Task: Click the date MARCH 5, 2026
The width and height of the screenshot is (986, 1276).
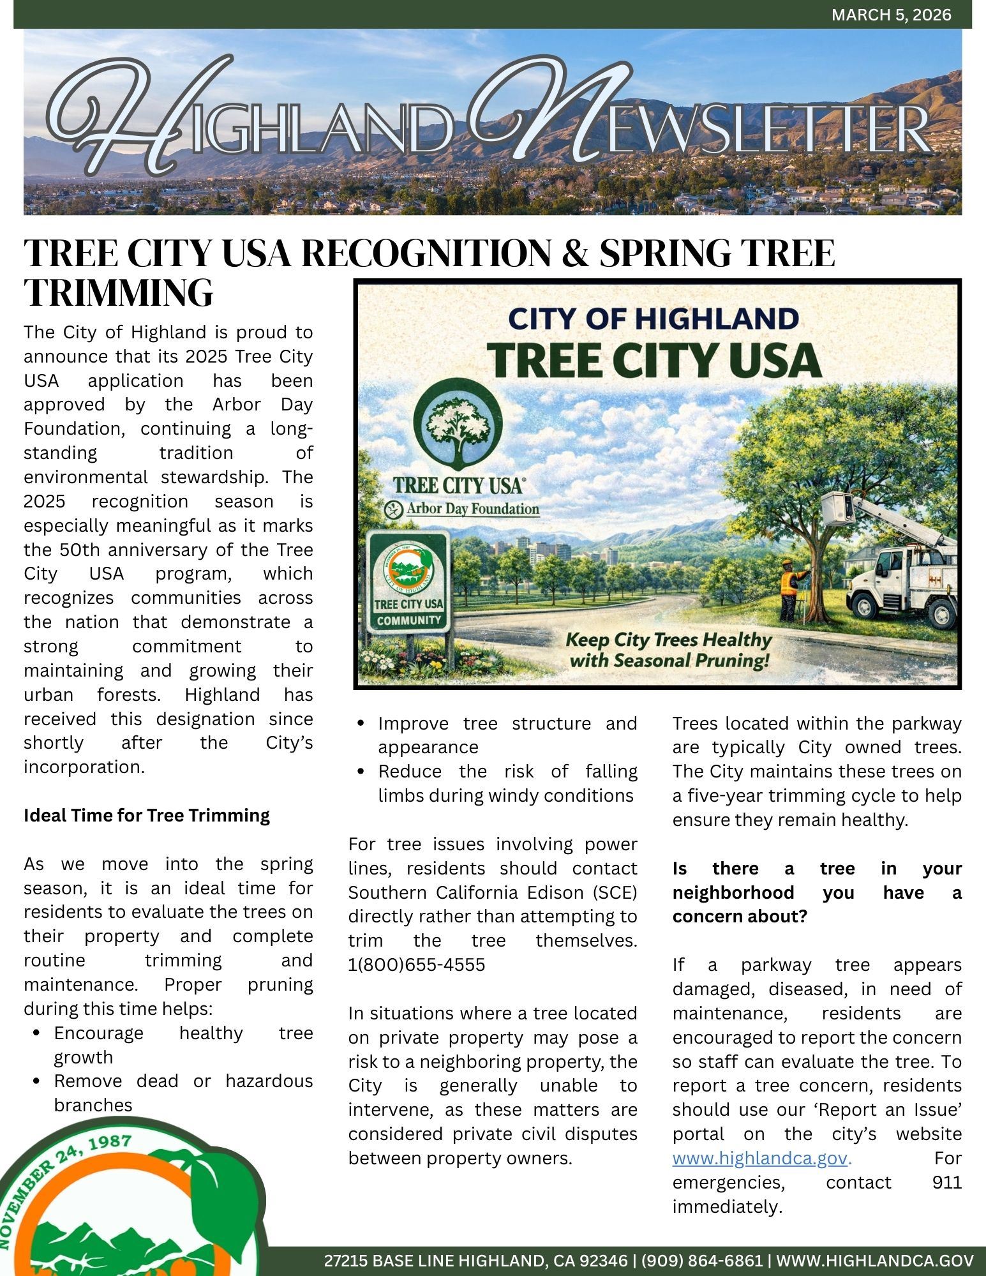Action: pyautogui.click(x=891, y=15)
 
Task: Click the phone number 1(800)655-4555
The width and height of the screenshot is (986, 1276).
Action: pyautogui.click(x=417, y=965)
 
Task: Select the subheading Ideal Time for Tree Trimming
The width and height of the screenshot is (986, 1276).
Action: pyautogui.click(x=147, y=816)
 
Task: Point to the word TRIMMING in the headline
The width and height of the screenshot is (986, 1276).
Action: pyautogui.click(x=119, y=292)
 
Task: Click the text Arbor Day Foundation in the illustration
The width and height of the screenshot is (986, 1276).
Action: pyautogui.click(x=472, y=509)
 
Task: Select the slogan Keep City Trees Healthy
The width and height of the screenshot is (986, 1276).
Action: pyautogui.click(x=669, y=640)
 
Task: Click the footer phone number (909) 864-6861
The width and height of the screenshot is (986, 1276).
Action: pyautogui.click(x=701, y=1261)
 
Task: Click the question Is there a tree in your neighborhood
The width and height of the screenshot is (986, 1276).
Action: pyautogui.click(x=817, y=892)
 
